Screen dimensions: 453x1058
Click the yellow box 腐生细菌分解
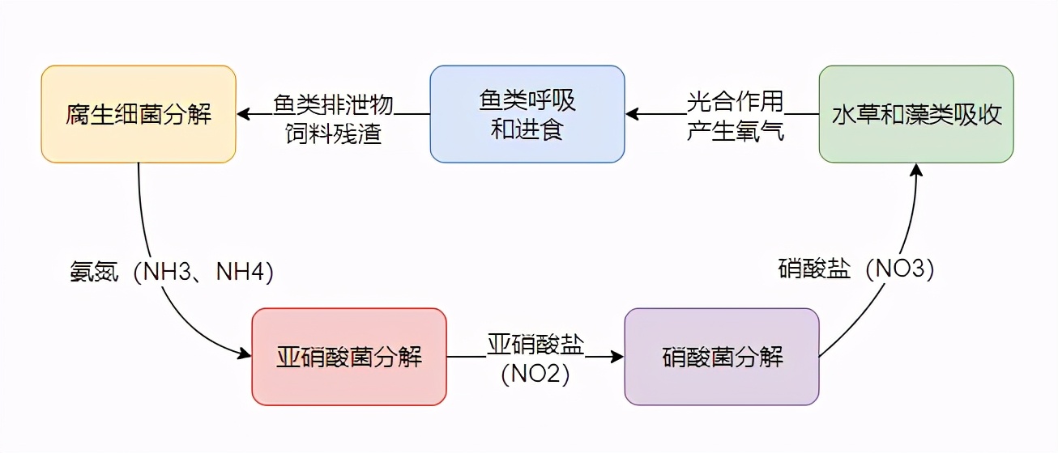point(139,114)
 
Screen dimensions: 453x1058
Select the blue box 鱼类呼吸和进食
point(527,114)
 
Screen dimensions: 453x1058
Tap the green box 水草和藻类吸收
point(916,114)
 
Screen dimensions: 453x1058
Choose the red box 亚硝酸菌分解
point(349,357)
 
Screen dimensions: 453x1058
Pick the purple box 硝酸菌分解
point(722,357)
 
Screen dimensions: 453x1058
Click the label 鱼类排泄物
point(333,103)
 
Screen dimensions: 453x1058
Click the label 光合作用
point(735,101)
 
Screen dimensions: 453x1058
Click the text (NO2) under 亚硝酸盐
point(535,375)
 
